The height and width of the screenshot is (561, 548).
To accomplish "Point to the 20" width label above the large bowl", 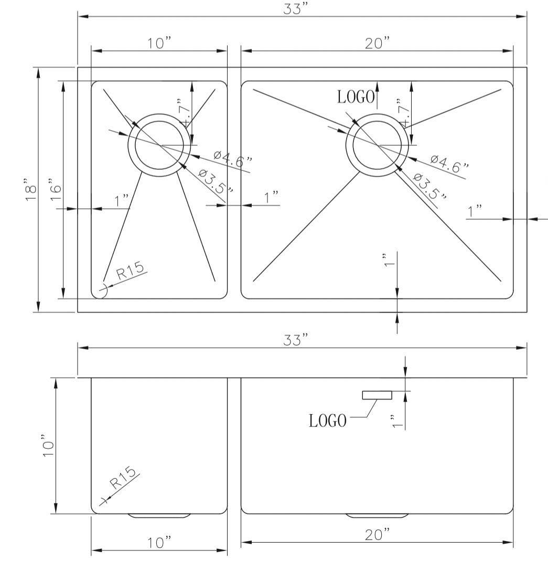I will [377, 44].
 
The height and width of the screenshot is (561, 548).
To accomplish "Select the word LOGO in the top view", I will [356, 97].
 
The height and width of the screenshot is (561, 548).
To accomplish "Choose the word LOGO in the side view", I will [328, 421].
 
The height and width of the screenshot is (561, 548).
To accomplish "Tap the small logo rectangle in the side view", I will [377, 395].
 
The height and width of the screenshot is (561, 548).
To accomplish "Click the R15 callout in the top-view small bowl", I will [130, 271].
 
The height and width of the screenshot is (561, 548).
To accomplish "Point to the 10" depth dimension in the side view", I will [49, 445].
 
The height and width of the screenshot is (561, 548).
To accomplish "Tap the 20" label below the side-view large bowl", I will [377, 535].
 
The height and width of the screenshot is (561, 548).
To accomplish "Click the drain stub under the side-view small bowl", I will [159, 516].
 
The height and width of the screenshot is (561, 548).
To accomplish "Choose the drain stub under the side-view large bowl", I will [377, 516].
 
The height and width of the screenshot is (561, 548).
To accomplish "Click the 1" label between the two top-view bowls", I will [271, 198].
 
